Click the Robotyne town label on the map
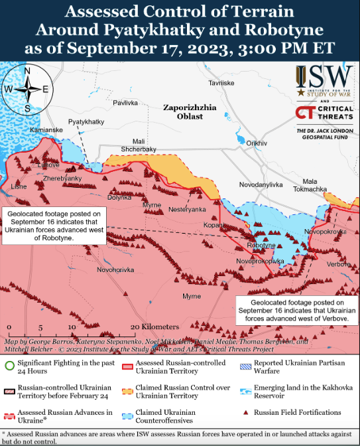261,246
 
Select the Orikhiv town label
256,143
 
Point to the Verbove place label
338,264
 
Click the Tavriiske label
221,83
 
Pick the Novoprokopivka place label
260,261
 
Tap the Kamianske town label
47,129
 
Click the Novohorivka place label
115,269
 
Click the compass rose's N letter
27,70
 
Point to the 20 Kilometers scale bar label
155,327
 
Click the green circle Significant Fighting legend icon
9,364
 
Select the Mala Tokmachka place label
314,185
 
